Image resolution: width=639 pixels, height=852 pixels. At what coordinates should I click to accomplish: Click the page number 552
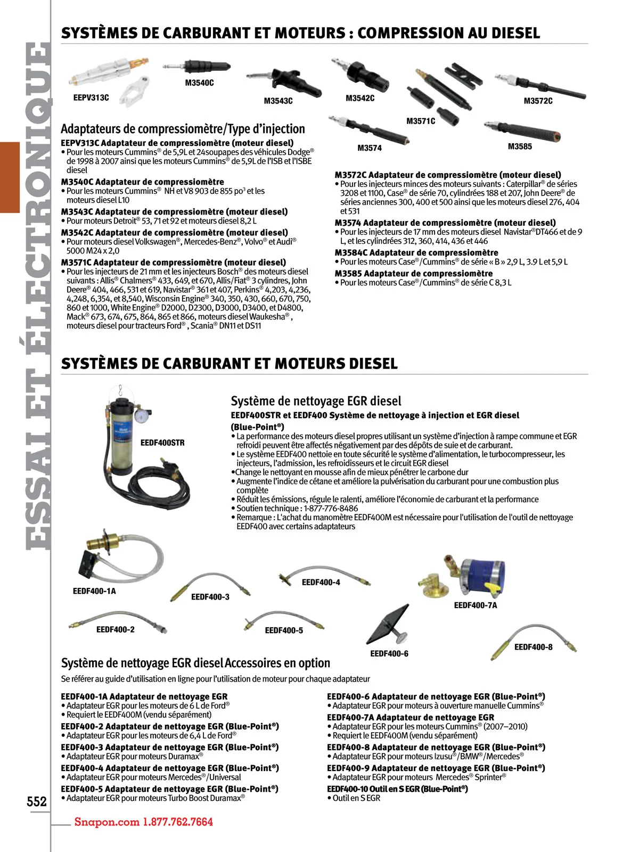click(x=37, y=801)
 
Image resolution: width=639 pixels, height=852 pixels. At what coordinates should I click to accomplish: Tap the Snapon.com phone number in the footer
click(x=143, y=822)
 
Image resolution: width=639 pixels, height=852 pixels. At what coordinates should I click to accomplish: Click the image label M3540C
click(x=199, y=83)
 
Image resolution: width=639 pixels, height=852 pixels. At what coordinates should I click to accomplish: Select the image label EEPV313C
click(x=91, y=97)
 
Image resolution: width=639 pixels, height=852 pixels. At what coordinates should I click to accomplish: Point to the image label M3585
click(x=520, y=146)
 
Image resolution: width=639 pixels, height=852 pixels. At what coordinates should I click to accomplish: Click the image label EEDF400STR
click(x=162, y=443)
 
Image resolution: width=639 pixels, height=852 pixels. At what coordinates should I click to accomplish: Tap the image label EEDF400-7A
click(x=476, y=605)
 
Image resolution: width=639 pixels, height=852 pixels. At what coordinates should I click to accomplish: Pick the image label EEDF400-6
click(x=389, y=653)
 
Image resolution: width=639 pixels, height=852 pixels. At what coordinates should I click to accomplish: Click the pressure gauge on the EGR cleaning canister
click(x=142, y=416)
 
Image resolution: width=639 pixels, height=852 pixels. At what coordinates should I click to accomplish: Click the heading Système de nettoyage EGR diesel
click(x=316, y=401)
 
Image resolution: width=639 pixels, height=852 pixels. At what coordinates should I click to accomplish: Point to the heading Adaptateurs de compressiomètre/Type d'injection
click(x=183, y=129)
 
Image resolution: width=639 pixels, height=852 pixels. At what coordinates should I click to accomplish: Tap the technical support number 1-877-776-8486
click(x=331, y=508)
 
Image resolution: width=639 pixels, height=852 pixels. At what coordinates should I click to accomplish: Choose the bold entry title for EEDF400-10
click(x=397, y=789)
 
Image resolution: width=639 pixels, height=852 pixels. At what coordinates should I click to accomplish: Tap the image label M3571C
click(x=421, y=121)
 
